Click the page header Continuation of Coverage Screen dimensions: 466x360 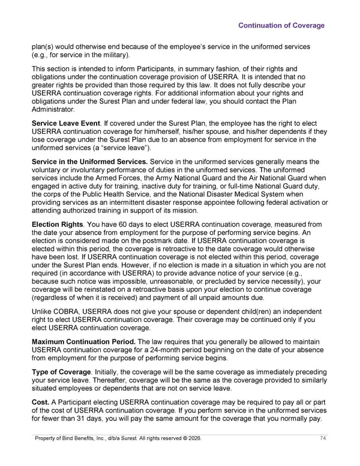tap(281, 25)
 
